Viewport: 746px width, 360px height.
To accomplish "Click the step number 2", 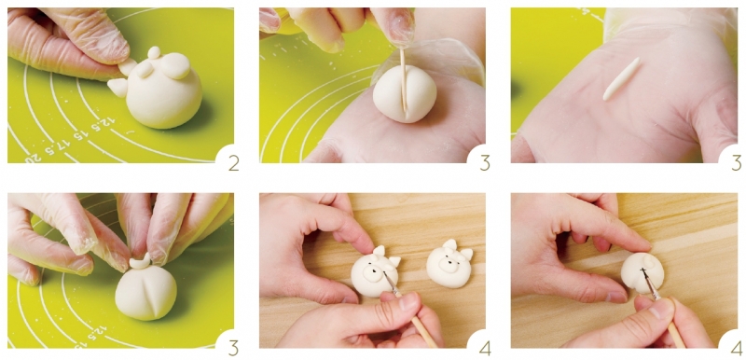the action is [x=233, y=162].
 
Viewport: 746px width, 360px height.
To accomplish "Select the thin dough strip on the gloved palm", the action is [x=621, y=79].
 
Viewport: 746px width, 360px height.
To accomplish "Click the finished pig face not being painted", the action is [x=449, y=264].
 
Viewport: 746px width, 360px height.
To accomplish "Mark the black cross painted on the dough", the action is [x=642, y=272].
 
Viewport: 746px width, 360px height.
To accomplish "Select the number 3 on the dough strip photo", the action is [x=736, y=162].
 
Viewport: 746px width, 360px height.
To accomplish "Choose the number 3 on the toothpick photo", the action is [x=484, y=162].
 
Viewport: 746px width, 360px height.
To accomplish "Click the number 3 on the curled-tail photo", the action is [x=233, y=348].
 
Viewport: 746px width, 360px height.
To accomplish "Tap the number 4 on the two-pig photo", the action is [x=484, y=348].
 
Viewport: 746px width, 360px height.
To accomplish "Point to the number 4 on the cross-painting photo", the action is [x=736, y=348].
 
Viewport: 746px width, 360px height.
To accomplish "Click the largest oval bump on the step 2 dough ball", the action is [x=175, y=65].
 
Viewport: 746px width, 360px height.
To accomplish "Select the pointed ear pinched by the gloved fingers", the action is [x=127, y=67].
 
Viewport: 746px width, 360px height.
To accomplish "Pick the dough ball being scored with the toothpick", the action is [x=405, y=93].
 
